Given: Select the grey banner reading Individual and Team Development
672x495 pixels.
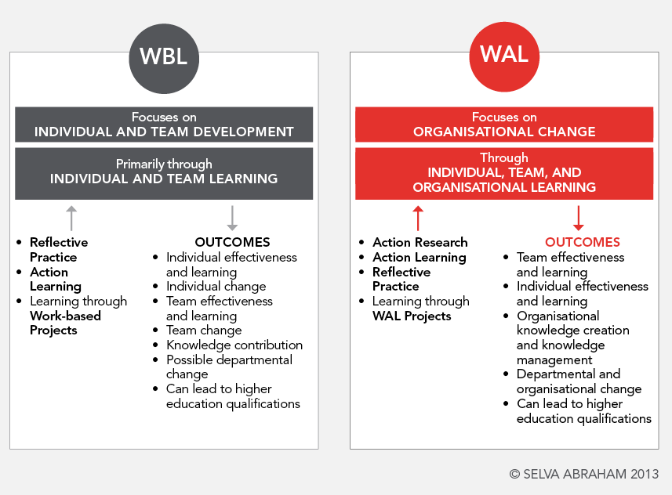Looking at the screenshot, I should (x=164, y=125).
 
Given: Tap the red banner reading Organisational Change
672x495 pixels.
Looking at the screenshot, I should (x=504, y=125).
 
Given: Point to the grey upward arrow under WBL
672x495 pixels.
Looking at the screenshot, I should (x=71, y=218).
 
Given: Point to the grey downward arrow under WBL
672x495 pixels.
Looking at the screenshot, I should (x=232, y=218).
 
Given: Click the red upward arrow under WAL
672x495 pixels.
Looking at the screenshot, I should (x=418, y=218).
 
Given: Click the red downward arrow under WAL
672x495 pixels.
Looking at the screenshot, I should (x=579, y=218).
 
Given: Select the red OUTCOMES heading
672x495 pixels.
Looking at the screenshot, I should (x=582, y=242).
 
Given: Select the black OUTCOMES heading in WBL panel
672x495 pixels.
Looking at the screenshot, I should (x=232, y=242).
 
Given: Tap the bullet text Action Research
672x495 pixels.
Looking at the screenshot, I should (x=420, y=242).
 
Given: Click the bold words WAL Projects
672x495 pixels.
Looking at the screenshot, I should (x=412, y=316).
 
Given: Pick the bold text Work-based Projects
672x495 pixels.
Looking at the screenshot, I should (x=64, y=323).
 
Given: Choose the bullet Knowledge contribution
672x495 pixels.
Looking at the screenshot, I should (x=234, y=345).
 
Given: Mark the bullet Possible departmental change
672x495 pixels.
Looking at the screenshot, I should (x=229, y=367).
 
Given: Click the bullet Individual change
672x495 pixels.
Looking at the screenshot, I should (x=216, y=286).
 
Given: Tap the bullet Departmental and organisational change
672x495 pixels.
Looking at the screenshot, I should (x=578, y=381).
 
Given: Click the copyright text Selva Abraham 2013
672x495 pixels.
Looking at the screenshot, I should (x=583, y=473).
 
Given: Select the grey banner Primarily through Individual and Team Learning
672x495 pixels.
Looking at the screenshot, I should (x=164, y=172).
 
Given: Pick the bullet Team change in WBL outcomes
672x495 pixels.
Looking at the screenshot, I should (x=203, y=330).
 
